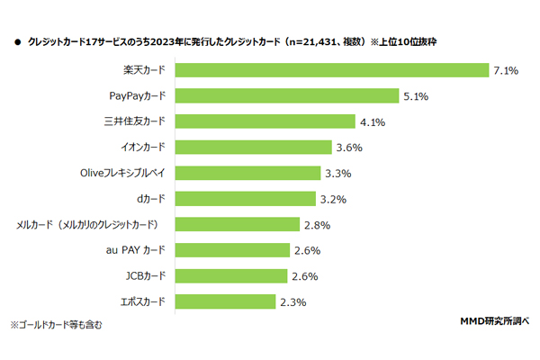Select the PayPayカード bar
pos(286,95)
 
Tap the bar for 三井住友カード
pos(264,121)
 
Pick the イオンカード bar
pos(253,147)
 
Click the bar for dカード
pos(244,198)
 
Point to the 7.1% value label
pos(506,69)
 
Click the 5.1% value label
pos(416,95)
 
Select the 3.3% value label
pos(335,173)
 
